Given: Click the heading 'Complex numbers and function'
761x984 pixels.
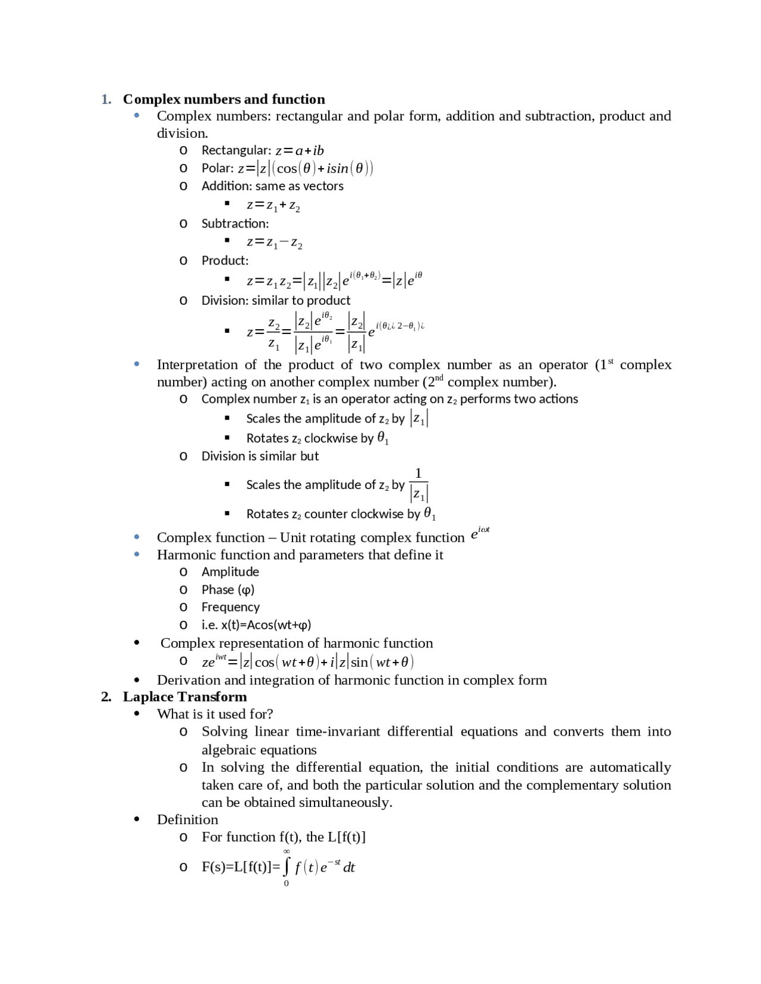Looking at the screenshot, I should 224,99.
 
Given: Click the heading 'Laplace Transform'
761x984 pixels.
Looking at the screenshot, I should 184,697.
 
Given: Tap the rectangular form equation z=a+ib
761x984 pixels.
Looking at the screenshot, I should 300,150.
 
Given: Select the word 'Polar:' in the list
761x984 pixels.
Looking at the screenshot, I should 218,168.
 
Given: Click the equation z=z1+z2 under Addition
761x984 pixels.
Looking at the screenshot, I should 273,206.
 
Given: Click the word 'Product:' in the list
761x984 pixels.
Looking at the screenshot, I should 225,260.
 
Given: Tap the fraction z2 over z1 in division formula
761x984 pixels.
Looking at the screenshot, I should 273,332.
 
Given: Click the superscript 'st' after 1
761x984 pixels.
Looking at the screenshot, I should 611,361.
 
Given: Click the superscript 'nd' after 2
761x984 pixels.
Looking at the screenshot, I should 439,378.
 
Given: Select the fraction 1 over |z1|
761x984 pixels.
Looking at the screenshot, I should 419,484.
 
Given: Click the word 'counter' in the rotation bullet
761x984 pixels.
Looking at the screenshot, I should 324,514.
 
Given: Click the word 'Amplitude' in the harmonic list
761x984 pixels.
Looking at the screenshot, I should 230,572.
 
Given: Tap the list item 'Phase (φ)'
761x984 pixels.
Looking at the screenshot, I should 228,589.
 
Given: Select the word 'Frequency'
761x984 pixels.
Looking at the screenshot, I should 230,607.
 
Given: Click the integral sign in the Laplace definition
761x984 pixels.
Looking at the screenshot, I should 287,866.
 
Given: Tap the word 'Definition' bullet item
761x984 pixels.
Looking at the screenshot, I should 187,820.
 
